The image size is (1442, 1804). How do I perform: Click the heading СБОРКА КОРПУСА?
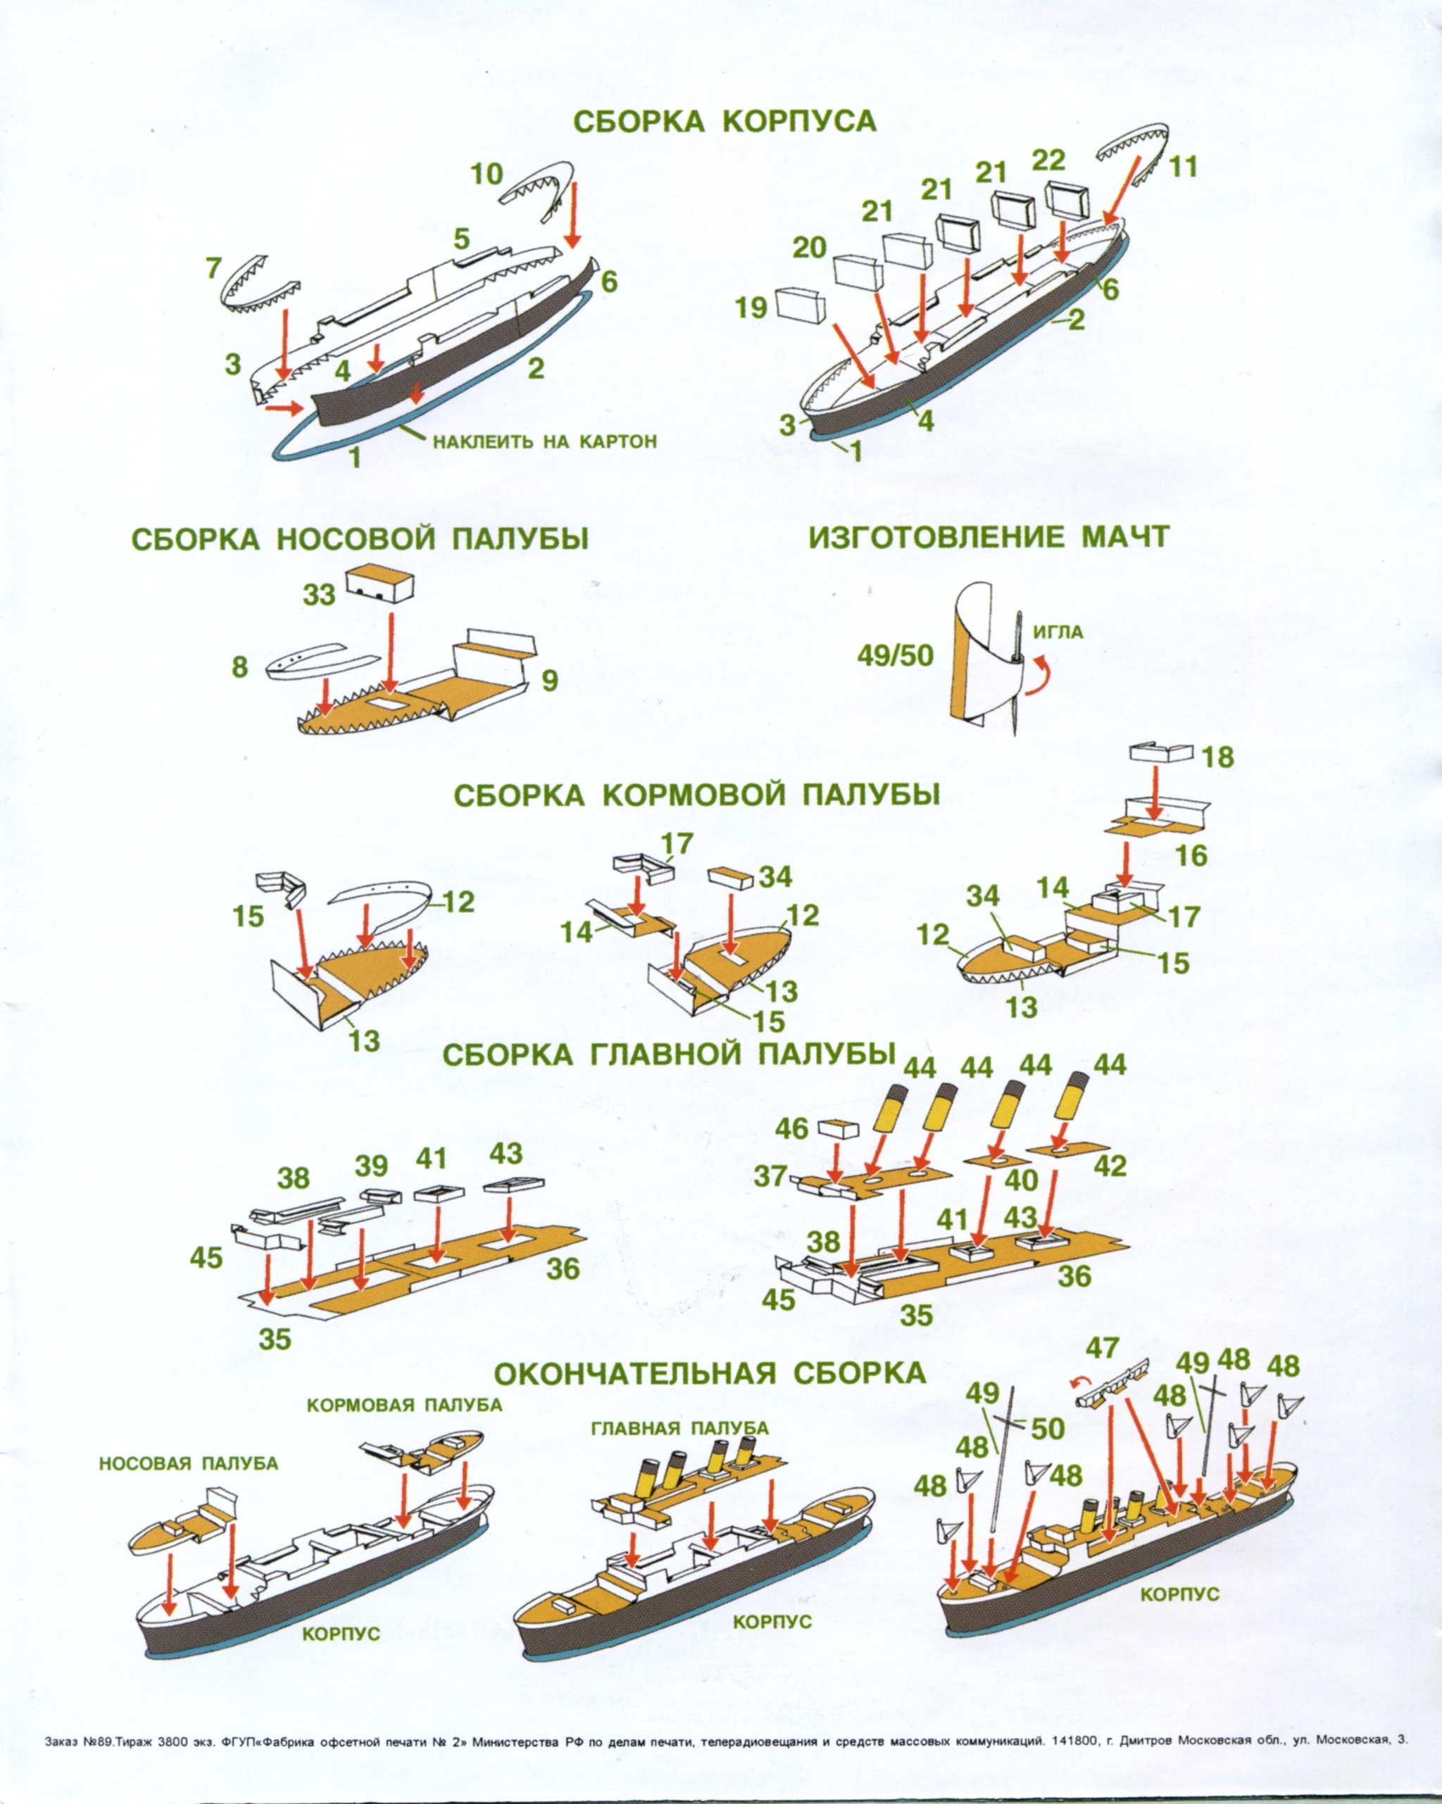pyautogui.click(x=725, y=121)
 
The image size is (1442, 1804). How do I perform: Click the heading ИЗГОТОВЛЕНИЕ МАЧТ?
pyautogui.click(x=988, y=536)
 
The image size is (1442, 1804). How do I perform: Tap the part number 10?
pyautogui.click(x=487, y=174)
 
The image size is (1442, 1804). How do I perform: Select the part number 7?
pyautogui.click(x=213, y=269)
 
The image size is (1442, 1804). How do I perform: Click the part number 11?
pyautogui.click(x=1183, y=167)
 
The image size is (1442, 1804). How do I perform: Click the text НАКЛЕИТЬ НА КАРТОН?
pyautogui.click(x=544, y=441)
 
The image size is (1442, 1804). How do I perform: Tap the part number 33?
pyautogui.click(x=319, y=595)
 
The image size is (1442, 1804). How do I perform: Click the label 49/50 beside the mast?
pyautogui.click(x=895, y=655)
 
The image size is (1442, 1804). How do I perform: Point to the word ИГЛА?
pyautogui.click(x=1058, y=632)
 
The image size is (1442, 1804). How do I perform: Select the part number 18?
pyautogui.click(x=1217, y=757)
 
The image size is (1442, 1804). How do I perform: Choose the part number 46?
pyautogui.click(x=791, y=1129)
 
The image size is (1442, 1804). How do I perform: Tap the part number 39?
pyautogui.click(x=371, y=1166)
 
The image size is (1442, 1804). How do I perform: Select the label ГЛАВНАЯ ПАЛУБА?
pyautogui.click(x=679, y=1427)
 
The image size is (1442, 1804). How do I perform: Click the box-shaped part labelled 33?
pyautogui.click(x=381, y=581)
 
